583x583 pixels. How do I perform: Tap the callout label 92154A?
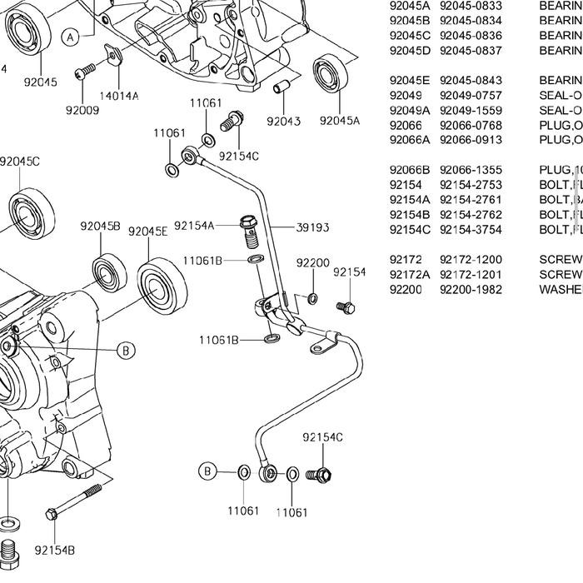tap(194, 226)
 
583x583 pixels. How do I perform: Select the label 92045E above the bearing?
tap(147, 232)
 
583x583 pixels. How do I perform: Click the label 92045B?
tap(100, 227)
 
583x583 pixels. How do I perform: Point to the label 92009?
tap(81, 109)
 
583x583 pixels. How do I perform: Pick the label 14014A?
tap(119, 96)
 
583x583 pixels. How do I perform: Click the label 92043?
tap(283, 121)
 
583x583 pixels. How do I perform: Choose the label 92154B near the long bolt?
tap(55, 550)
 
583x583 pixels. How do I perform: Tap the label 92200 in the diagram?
tap(312, 263)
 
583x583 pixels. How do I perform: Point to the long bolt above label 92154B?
tap(75, 500)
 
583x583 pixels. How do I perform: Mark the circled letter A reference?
tap(70, 37)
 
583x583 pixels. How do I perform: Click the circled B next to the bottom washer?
tap(207, 471)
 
